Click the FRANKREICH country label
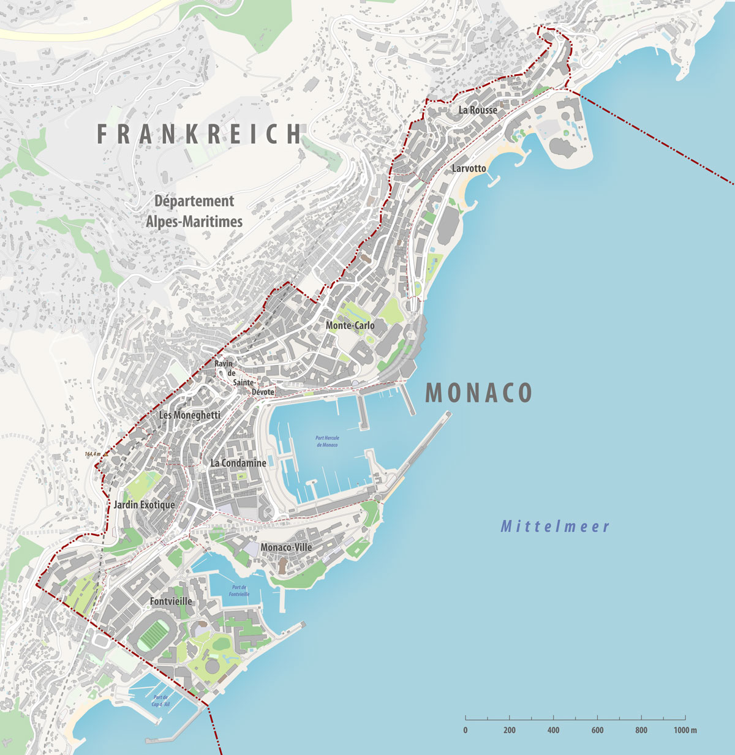coord(200,134)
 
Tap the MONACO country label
coord(478,393)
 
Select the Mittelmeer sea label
coord(555,527)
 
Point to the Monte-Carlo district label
coord(350,325)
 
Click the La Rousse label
coord(478,110)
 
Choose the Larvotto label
coord(469,168)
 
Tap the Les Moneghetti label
coord(189,415)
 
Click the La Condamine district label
coord(238,463)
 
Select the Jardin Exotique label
coord(144,505)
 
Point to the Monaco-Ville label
coord(286,547)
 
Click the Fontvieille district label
coord(171,601)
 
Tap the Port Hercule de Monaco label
coord(327,441)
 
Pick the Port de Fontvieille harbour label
coord(239,590)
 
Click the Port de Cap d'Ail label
coord(161,701)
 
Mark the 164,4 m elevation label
coord(92,454)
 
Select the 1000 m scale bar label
coord(685,730)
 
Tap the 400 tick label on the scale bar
coord(553,730)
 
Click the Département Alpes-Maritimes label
coord(194,211)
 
